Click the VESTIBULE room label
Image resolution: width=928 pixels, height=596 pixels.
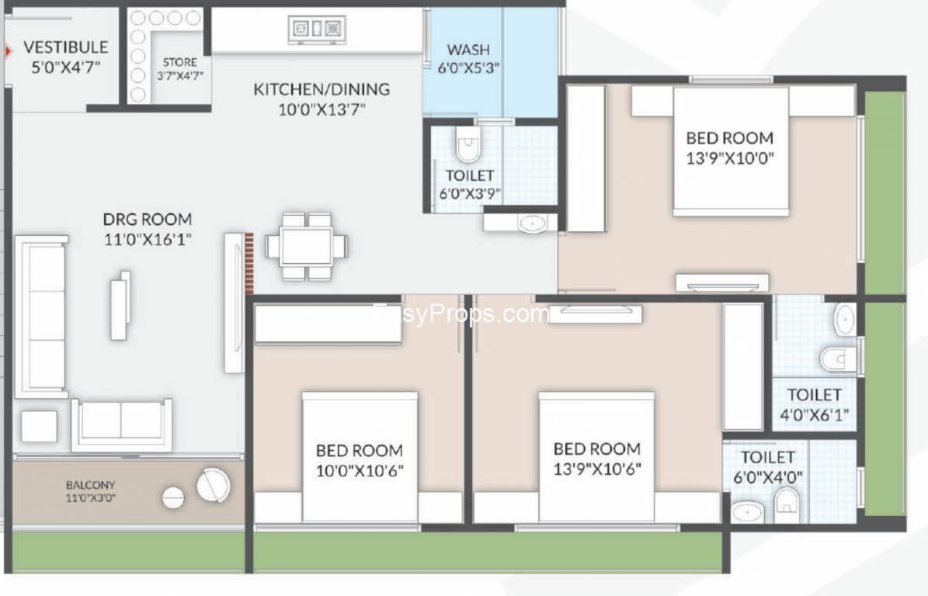coord(66,47)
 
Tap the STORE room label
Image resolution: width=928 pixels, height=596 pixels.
coord(180,62)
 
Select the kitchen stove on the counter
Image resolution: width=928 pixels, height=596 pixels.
coord(317,28)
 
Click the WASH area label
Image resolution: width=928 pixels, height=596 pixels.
coord(468,49)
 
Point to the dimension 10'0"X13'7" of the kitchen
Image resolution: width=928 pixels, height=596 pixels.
coord(322,109)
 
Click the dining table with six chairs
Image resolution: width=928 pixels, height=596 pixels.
coord(306,246)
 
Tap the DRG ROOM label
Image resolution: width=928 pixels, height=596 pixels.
coord(148,220)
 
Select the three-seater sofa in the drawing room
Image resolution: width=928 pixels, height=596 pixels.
coord(40,317)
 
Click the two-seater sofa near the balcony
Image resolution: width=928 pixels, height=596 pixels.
coord(121,424)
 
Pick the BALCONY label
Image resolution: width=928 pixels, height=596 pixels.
coord(91,485)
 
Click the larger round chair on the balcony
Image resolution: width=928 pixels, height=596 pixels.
coord(213,485)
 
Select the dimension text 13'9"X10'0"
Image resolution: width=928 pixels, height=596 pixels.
coord(730,158)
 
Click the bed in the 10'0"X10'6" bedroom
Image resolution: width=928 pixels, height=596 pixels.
coord(360,456)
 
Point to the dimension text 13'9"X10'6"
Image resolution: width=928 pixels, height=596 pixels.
coord(597,469)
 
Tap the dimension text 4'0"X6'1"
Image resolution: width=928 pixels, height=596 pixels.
coord(814,414)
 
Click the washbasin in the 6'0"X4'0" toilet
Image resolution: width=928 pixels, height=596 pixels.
coord(747,512)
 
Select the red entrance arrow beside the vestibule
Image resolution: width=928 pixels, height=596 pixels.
coord(9,51)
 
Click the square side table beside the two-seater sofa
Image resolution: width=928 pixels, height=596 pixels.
coord(40,426)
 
